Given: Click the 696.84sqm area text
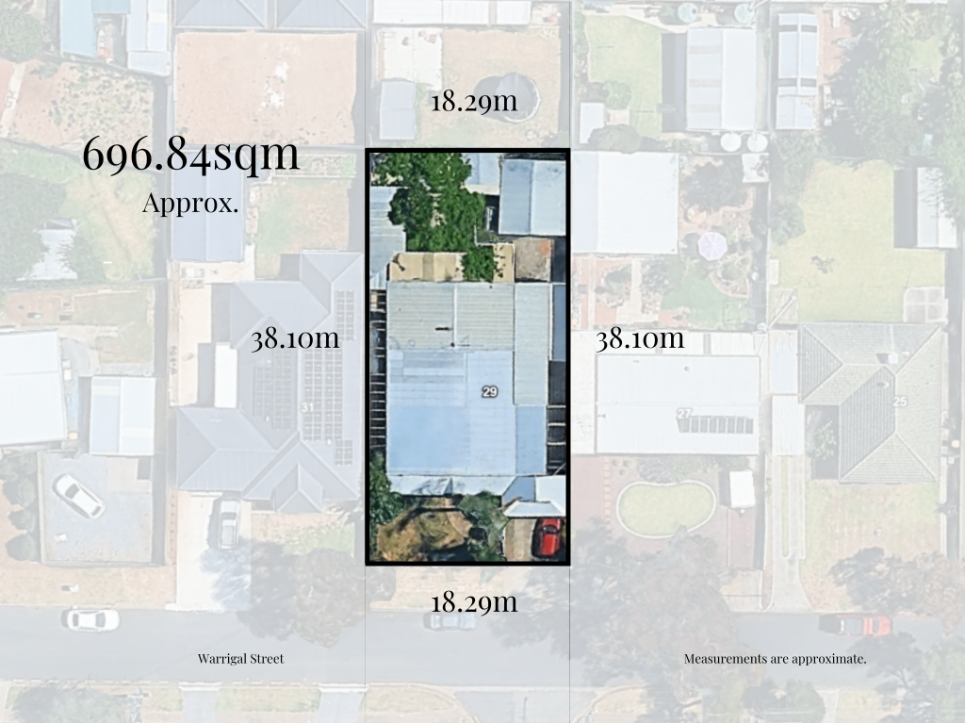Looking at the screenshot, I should point(191,156).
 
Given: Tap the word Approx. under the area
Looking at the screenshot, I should point(189,203).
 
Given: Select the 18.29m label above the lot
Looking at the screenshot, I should point(474,101).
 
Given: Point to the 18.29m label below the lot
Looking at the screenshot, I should point(474,601).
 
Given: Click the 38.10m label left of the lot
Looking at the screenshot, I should point(294,339).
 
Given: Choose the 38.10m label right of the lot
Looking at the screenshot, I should point(640,339).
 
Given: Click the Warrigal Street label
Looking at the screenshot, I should point(240,659).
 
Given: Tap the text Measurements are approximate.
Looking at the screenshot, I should point(775,659).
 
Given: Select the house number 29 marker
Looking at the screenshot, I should point(490,391).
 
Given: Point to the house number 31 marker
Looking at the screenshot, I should point(307,407).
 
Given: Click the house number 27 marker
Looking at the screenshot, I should point(684,413).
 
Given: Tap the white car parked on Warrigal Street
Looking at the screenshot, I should point(91,619).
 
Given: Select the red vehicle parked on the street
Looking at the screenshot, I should point(856,625).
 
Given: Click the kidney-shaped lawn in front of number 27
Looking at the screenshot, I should point(666,507).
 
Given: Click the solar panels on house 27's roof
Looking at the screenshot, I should point(716,424).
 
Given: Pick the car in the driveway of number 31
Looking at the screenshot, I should point(227,523).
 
